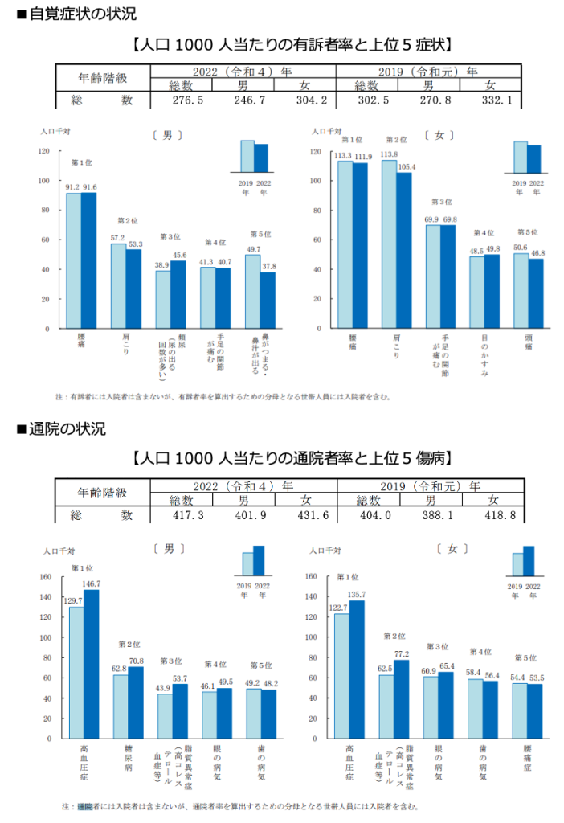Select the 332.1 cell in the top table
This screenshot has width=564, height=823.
coord(492,100)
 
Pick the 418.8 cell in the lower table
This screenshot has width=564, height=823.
coord(492,515)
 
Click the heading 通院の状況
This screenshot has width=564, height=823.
coord(67,429)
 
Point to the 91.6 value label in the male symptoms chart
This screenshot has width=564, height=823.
coord(89,187)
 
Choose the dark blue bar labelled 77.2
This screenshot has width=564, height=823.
coord(401,698)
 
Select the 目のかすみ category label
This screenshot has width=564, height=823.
coord(484,358)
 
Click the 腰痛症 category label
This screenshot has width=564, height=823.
coord(527,759)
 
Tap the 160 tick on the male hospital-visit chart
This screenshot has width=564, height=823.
coord(45,576)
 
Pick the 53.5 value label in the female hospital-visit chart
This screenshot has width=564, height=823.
coord(536,678)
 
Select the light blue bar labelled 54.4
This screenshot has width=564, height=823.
coord(520,710)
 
